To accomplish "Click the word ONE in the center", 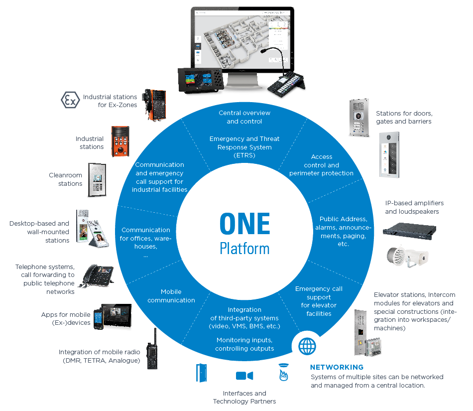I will click(x=244, y=224).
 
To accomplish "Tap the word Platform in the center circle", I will click(x=244, y=248).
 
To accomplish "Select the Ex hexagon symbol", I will click(x=70, y=101).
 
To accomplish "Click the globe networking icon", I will click(x=307, y=345).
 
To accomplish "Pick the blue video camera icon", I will click(x=244, y=375).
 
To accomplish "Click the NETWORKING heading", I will click(x=337, y=367).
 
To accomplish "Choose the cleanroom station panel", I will click(x=98, y=179).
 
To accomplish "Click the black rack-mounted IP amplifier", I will click(x=409, y=230).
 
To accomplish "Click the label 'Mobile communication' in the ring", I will click(x=171, y=296).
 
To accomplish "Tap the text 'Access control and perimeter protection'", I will click(x=321, y=165).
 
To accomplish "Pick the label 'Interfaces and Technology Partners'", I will click(x=244, y=397).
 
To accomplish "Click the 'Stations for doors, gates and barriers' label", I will click(x=403, y=118).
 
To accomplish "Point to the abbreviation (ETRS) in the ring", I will click(x=244, y=155).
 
